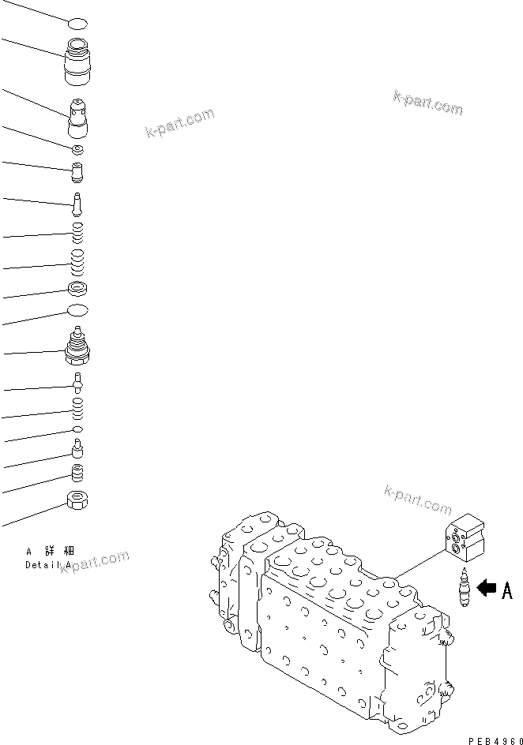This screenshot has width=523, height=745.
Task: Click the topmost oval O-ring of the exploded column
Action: [x=77, y=24]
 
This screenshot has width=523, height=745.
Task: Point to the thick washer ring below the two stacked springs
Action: [x=77, y=289]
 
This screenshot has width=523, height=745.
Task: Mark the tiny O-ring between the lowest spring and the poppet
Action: [x=77, y=429]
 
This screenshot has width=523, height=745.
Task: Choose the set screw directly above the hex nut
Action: [x=77, y=473]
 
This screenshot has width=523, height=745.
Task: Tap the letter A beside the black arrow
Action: [x=506, y=590]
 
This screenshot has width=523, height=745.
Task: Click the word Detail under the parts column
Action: [x=40, y=565]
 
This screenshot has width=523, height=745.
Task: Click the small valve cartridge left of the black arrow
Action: [x=463, y=590]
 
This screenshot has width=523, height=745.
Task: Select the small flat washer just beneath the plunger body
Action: [x=77, y=149]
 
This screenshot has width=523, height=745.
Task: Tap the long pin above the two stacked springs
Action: [x=77, y=204]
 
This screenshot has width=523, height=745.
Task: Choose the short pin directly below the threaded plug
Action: [x=77, y=384]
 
